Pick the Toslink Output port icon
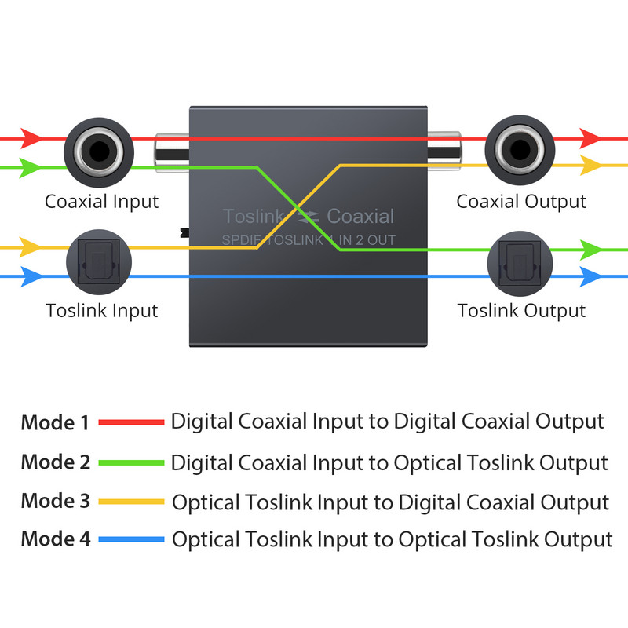[521, 261]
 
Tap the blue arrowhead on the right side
[590, 276]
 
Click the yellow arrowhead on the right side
[590, 166]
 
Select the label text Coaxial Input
[101, 202]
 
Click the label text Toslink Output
[521, 310]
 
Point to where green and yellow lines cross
[298, 207]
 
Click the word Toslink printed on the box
[250, 217]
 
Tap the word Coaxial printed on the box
[360, 217]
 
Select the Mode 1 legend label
[54, 423]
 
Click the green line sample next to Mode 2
[131, 462]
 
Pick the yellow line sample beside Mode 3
[131, 501]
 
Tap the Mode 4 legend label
[55, 539]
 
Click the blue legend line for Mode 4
[131, 539]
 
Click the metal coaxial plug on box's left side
[172, 152]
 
